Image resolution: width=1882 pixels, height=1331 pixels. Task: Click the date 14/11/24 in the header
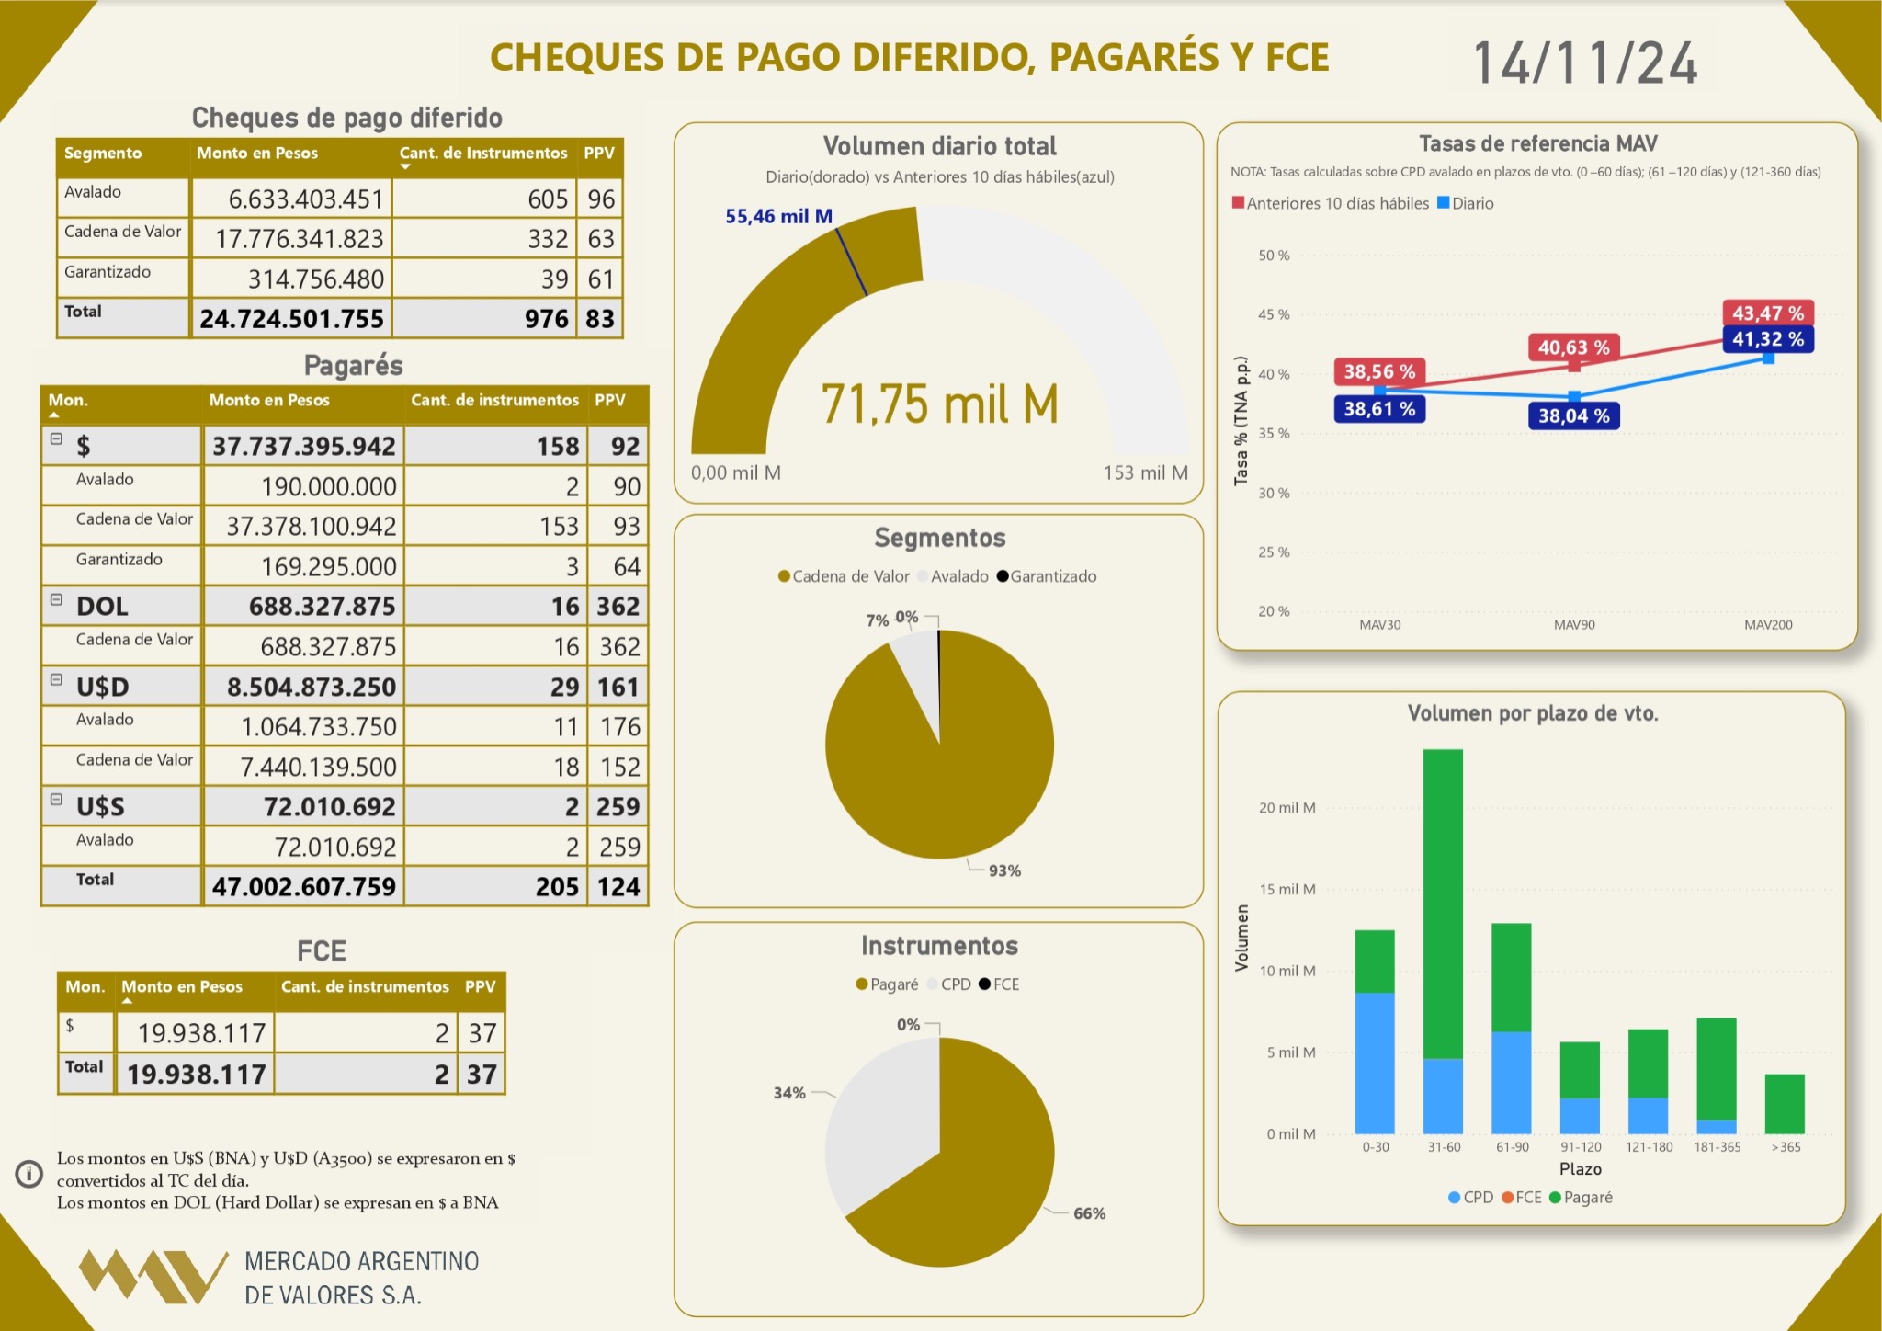pyautogui.click(x=1585, y=63)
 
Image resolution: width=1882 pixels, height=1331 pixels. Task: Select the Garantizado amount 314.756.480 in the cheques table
pyautogui.click(x=315, y=279)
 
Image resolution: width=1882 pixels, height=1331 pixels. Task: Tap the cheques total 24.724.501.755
pyautogui.click(x=291, y=319)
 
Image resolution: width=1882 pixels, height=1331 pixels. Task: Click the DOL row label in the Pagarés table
pyautogui.click(x=102, y=607)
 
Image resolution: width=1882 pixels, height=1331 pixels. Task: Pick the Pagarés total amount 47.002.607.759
pyautogui.click(x=303, y=887)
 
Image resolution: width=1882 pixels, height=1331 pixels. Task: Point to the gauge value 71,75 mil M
pyautogui.click(x=939, y=404)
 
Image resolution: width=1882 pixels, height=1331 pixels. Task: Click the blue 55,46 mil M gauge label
pyautogui.click(x=778, y=216)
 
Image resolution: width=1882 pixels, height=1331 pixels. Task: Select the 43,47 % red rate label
pyautogui.click(x=1767, y=313)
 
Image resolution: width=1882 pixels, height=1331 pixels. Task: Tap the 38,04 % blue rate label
pyautogui.click(x=1573, y=416)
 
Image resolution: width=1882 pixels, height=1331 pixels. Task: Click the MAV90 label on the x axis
pyautogui.click(x=1573, y=625)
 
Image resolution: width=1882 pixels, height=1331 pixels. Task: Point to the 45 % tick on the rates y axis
pyautogui.click(x=1274, y=314)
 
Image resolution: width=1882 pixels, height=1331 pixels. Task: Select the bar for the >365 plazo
pyautogui.click(x=1785, y=1104)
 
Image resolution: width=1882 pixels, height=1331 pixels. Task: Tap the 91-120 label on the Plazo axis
pyautogui.click(x=1581, y=1147)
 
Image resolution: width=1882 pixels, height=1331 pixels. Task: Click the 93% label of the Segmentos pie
pyautogui.click(x=1004, y=870)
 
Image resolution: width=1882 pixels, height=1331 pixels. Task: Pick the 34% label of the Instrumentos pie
pyautogui.click(x=788, y=1093)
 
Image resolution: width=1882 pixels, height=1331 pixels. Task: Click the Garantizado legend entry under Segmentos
pyautogui.click(x=1047, y=576)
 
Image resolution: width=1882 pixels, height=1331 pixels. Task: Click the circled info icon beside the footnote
pyautogui.click(x=29, y=1174)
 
